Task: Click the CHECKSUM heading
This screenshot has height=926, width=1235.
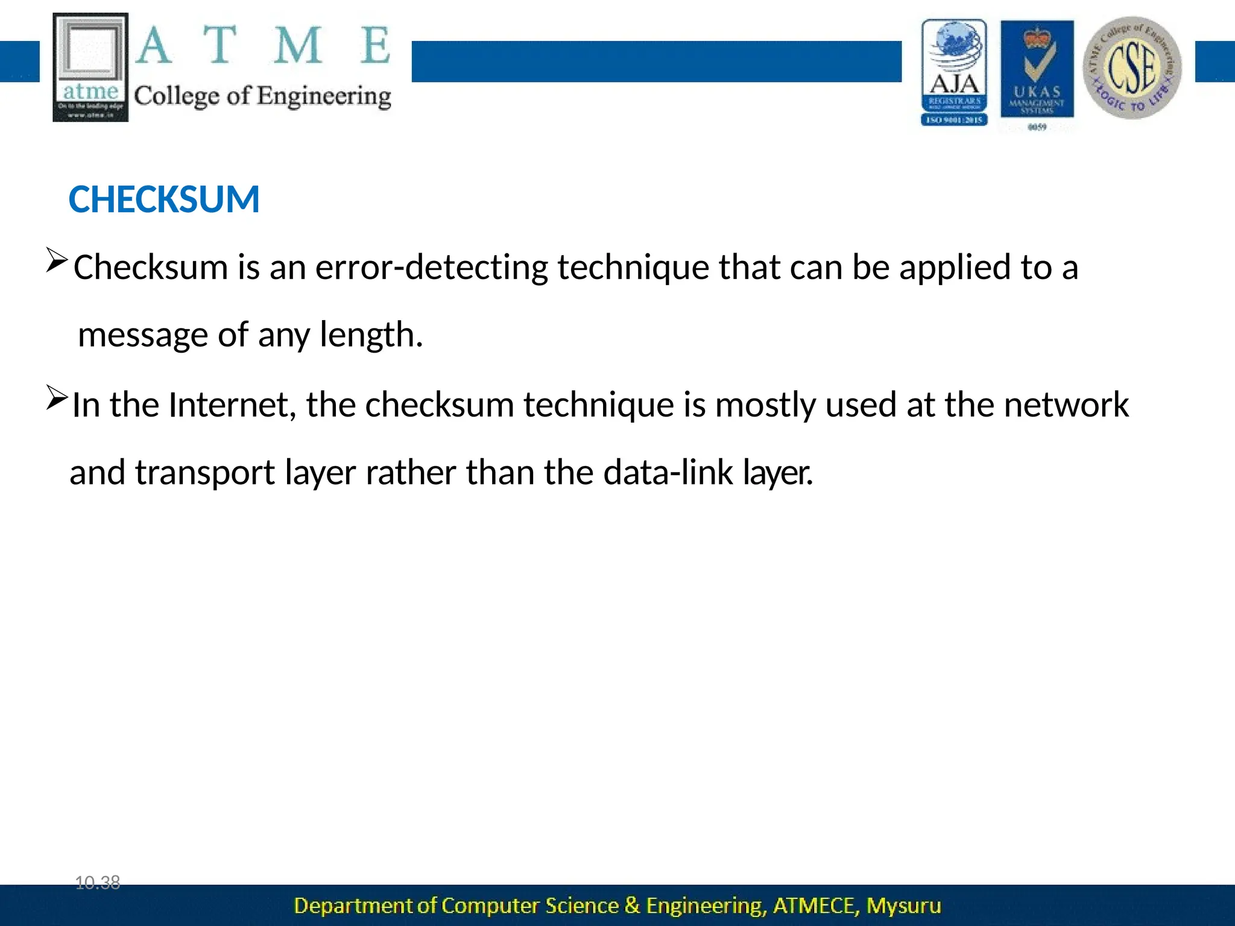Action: pos(164,200)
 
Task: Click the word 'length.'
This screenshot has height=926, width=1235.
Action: pos(371,335)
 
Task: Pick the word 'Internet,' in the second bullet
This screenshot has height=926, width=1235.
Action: pos(232,405)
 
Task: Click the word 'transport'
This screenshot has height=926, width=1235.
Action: pos(205,473)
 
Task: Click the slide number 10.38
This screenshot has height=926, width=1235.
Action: pos(98,883)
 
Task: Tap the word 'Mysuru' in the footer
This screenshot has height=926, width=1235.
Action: pos(903,906)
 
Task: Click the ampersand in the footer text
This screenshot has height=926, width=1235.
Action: pos(632,906)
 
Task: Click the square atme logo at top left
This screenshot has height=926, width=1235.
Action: pos(90,67)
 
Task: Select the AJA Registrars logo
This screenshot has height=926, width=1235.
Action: pos(954,72)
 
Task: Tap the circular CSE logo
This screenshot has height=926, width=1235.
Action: pos(1132,68)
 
